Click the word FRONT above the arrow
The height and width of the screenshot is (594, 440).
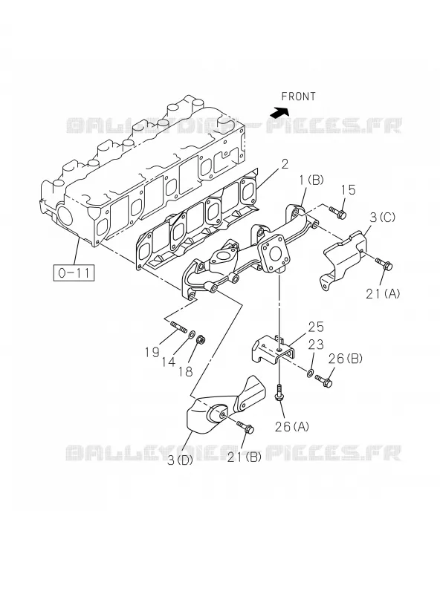point(298,97)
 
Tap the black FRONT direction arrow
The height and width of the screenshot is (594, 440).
point(279,112)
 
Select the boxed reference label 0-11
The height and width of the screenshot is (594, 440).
point(74,272)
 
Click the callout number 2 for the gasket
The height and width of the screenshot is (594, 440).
point(285,164)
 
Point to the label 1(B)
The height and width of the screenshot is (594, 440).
point(311,180)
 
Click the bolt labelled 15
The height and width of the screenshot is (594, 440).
point(337,212)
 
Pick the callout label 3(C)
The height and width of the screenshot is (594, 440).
point(382,218)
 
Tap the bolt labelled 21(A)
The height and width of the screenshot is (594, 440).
point(384,264)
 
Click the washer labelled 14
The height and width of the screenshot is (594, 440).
point(192,334)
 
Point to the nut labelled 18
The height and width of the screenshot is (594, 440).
point(201,339)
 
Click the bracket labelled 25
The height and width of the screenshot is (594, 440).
point(273,350)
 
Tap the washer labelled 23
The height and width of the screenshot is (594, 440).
point(310,374)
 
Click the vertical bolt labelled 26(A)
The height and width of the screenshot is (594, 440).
point(279,393)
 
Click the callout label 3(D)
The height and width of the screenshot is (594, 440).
point(180,460)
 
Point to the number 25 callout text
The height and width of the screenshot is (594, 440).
point(316,327)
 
